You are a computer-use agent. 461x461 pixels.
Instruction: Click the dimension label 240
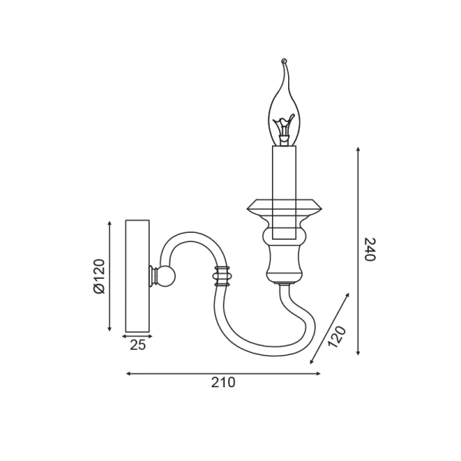point(370,249)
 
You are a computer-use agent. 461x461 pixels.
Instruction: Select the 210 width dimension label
point(223,383)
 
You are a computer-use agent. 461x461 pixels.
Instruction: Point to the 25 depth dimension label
point(138,345)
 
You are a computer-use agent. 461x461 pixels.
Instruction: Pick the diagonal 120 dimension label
point(337,337)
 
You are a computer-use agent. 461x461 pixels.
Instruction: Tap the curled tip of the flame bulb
point(284,61)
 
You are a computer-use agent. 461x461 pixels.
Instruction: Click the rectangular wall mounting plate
point(138,276)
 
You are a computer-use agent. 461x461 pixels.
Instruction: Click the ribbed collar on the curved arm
point(223,277)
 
